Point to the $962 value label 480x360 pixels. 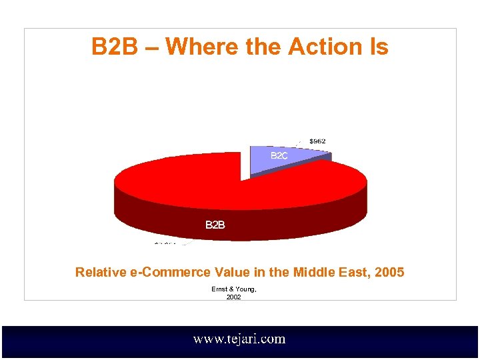pyautogui.click(x=317, y=141)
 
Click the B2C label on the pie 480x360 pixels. pyautogui.click(x=279, y=155)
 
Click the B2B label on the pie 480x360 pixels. pyautogui.click(x=215, y=225)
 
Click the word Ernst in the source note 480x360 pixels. pyautogui.click(x=219, y=289)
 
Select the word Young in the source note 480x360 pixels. pyautogui.click(x=245, y=289)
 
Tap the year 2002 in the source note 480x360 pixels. pyautogui.click(x=233, y=297)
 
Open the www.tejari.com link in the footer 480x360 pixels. pyautogui.click(x=239, y=339)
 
